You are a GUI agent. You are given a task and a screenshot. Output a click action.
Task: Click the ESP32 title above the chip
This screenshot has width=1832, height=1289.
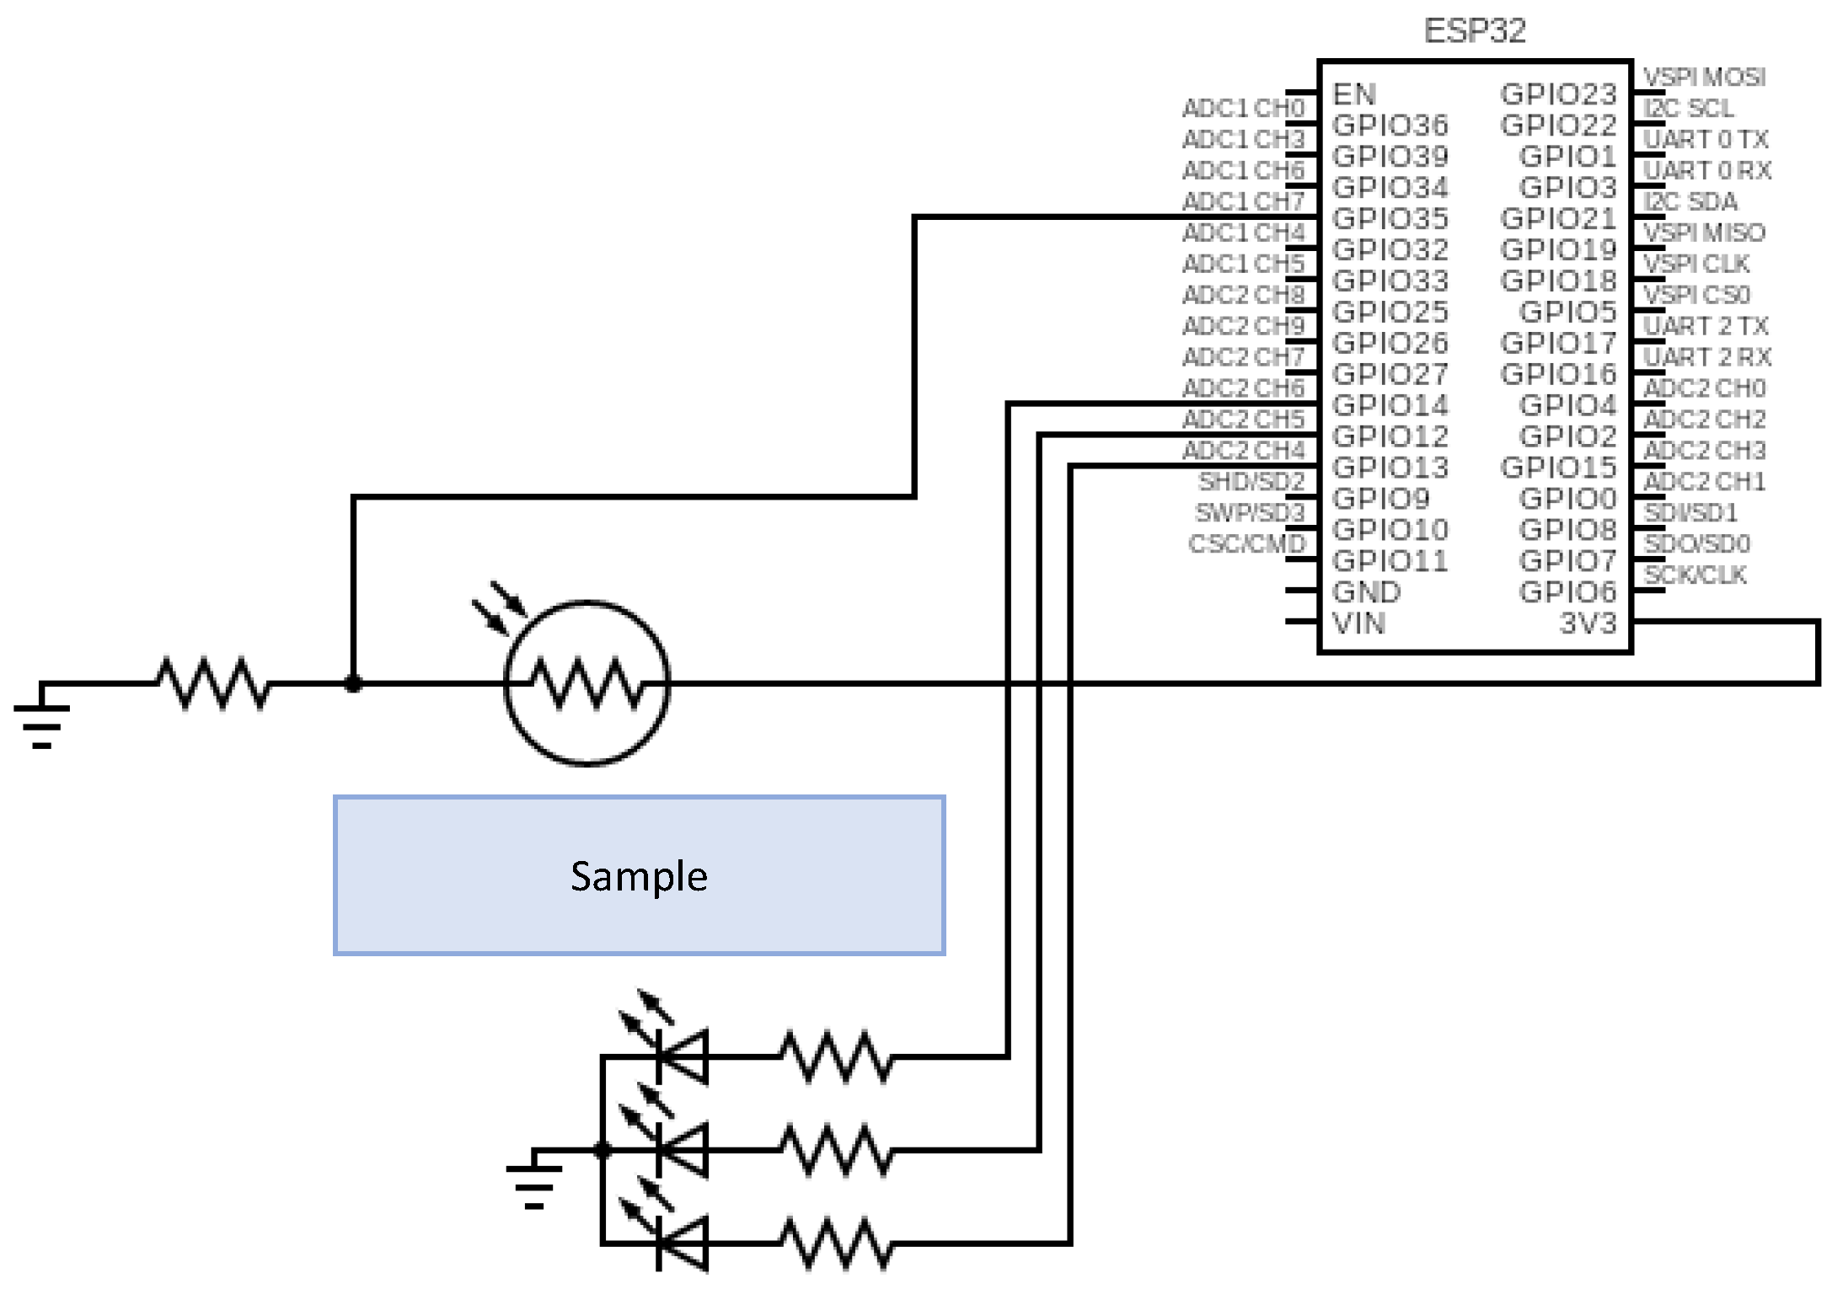pos(1474,31)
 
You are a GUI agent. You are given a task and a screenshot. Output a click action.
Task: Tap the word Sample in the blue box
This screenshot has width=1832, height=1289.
pos(639,876)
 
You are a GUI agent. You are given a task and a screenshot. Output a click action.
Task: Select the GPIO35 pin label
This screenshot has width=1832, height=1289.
pos(1390,218)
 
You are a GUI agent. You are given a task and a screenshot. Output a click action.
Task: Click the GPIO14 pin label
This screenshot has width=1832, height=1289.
pos(1390,405)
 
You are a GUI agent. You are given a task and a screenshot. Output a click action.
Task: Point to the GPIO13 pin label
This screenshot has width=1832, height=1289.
pos(1390,468)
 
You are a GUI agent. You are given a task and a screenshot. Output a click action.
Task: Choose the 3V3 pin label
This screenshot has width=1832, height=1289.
pos(1588,623)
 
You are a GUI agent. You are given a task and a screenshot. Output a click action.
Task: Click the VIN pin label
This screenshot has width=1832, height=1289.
pos(1358,623)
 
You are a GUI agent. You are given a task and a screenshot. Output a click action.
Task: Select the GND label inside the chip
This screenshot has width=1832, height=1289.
pos(1366,592)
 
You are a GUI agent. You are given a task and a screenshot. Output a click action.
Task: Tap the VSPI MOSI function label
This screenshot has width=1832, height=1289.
pos(1704,77)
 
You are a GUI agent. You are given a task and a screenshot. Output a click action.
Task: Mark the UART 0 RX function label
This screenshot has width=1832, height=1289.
pos(1706,170)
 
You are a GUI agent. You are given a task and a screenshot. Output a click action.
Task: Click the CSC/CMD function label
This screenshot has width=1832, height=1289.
pos(1246,544)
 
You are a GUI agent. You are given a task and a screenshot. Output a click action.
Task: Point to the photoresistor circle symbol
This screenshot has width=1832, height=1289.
pos(587,683)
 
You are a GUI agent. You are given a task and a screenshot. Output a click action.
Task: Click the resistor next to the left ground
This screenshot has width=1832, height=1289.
pos(214,683)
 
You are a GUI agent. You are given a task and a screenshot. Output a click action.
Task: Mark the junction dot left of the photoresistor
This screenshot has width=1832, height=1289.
pos(353,683)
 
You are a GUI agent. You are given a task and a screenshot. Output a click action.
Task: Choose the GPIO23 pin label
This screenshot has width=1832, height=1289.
pos(1558,94)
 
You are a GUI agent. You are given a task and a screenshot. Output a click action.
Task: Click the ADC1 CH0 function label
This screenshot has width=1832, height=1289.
pos(1243,108)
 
